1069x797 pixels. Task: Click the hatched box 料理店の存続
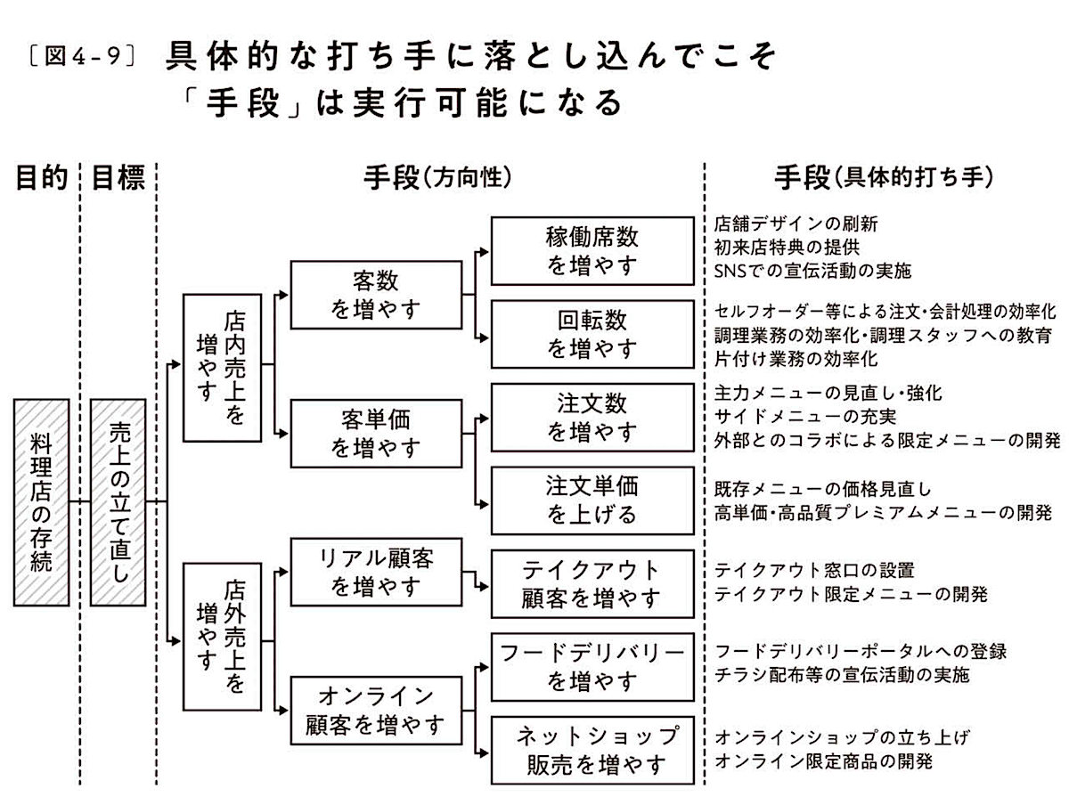[41, 501]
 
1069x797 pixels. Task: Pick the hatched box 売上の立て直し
[118, 501]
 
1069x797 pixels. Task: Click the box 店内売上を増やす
[222, 368]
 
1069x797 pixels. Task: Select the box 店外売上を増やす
[222, 636]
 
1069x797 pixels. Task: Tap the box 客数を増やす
[376, 296]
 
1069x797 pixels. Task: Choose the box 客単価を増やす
[376, 434]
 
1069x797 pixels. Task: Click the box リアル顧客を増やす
[376, 572]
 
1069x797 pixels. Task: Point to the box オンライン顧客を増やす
[376, 710]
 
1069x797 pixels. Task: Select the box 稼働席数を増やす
[592, 251]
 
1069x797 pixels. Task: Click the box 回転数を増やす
[592, 334]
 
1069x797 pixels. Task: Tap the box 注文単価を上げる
[592, 500]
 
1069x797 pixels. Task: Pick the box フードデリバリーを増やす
[592, 668]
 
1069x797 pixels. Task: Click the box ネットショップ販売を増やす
[592, 750]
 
